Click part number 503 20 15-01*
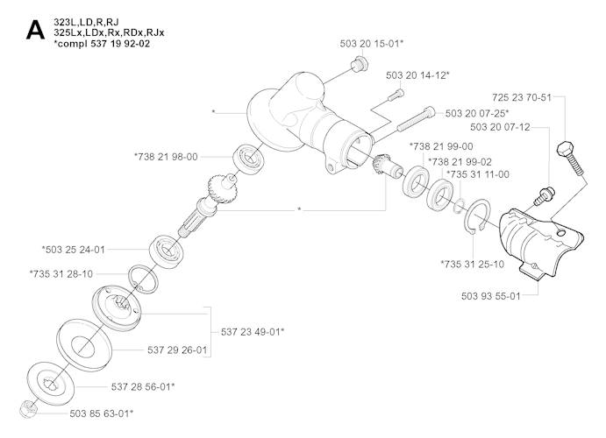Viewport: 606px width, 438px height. pos(372,42)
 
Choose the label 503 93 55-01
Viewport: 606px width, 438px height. pos(484,296)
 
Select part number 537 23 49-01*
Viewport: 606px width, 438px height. pos(253,331)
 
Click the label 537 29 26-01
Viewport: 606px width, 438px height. pos(177,350)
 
